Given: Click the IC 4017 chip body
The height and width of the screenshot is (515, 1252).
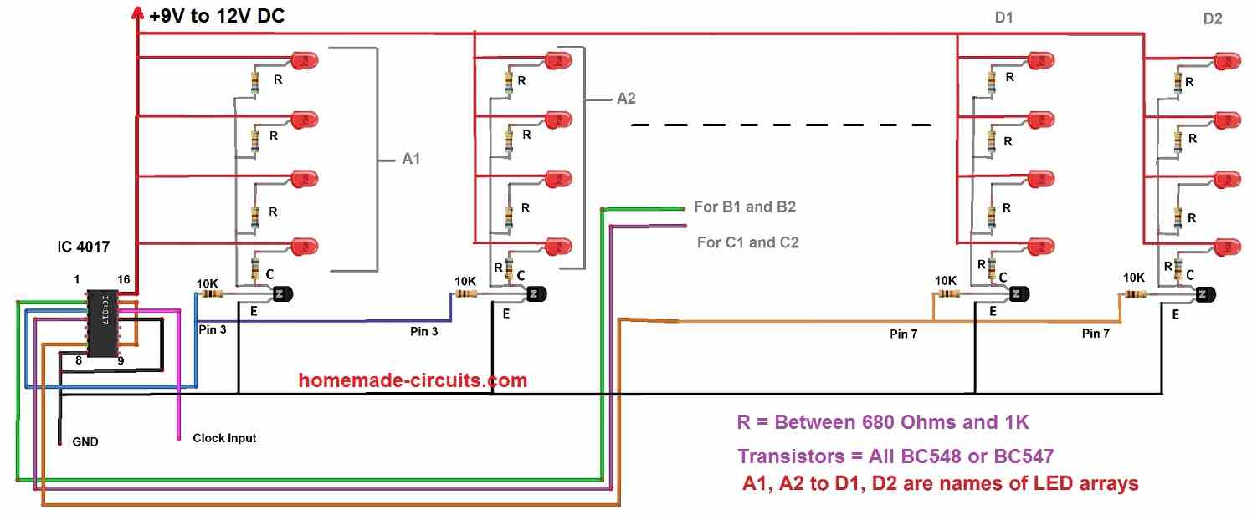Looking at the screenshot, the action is [103, 323].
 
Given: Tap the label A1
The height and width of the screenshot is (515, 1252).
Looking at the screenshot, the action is [411, 159].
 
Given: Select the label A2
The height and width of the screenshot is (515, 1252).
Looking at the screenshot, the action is [626, 99].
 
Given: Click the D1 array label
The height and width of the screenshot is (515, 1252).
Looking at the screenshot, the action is [1003, 18].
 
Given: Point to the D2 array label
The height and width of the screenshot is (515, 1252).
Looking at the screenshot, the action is [1213, 19].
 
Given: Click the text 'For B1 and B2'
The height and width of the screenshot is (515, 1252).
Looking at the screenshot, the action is [745, 207].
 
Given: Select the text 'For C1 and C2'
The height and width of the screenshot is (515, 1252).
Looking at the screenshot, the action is [748, 242].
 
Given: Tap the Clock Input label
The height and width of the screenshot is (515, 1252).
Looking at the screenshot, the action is [224, 438].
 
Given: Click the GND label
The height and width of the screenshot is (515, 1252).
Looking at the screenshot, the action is [85, 441].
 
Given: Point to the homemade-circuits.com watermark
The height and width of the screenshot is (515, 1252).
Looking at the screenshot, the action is [413, 380].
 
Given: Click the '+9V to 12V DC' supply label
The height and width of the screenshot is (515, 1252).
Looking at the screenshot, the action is [217, 16].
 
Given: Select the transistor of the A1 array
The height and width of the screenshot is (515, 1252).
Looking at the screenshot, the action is [282, 293].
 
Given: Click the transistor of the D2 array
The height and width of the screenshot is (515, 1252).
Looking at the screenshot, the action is [1206, 294].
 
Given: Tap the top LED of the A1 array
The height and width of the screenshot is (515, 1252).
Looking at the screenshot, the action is [305, 60].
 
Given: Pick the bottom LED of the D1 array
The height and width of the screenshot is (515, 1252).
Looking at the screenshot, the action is [1041, 247].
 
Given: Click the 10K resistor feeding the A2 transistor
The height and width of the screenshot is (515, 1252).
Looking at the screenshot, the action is [465, 294].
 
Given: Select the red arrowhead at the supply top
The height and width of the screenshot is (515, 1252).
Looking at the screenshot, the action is [137, 13].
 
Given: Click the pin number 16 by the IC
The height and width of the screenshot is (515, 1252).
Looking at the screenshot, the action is [124, 279].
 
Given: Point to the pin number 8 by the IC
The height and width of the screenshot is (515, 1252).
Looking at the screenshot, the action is [79, 361].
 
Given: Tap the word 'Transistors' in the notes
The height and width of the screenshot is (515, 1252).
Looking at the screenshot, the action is [791, 456].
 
